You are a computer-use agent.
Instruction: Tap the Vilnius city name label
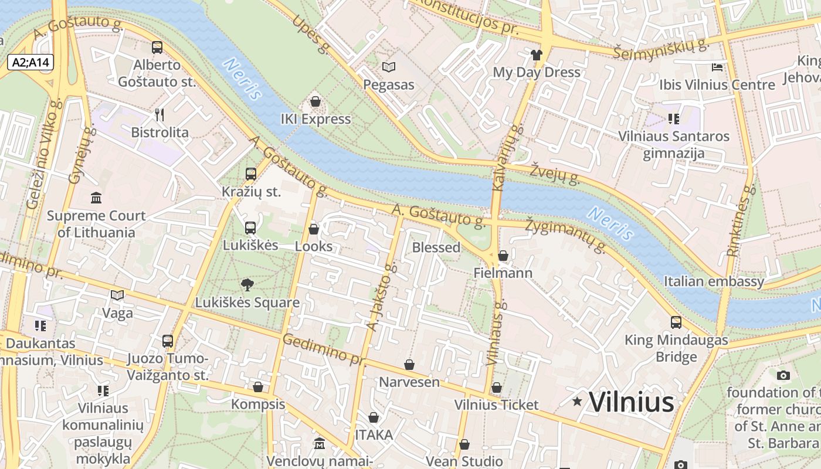coord(631,402)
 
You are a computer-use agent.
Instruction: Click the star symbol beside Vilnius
coord(578,402)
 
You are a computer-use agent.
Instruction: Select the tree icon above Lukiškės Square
coord(247,285)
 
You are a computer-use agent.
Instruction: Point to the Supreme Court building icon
coord(96,198)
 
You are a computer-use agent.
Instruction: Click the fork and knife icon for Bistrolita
coord(159,114)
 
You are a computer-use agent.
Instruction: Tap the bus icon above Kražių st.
coord(251,174)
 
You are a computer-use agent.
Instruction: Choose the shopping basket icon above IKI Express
coord(315,101)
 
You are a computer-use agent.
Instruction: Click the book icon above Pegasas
coord(389,67)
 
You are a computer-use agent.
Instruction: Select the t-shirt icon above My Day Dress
coord(536,55)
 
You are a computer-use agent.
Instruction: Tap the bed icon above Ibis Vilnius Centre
coord(717,67)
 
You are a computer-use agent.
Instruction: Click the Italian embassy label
coord(714,281)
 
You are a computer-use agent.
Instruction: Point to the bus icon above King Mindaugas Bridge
coord(676,322)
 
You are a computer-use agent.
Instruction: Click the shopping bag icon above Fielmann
coord(503,256)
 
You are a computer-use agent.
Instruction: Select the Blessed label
coord(436,247)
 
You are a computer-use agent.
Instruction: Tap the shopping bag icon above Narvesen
coord(409,365)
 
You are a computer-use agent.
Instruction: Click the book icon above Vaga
coord(117,295)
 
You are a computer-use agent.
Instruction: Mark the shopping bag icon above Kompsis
coord(257,387)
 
